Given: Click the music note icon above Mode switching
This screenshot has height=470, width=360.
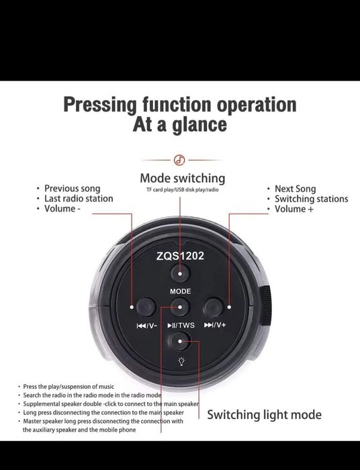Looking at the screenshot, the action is click(179, 160).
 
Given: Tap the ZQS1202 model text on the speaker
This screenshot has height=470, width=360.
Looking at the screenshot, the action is click(180, 256).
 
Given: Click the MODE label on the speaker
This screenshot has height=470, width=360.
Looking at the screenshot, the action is click(180, 291).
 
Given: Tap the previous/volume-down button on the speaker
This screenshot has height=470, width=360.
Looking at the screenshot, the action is click(146, 307).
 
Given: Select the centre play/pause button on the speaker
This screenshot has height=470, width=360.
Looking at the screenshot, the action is click(180, 307).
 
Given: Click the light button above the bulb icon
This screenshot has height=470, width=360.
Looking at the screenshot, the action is click(180, 341).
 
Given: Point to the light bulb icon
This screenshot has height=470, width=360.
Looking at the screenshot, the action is click(181, 361).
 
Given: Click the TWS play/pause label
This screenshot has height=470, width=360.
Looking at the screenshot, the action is click(181, 325).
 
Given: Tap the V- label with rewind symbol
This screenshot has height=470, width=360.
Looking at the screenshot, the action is click(147, 326).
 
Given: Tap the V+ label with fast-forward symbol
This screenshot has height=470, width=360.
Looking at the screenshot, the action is click(215, 325).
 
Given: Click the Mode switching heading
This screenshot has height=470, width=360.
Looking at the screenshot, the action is click(183, 179).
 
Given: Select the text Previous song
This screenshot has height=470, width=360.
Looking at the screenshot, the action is click(73, 189).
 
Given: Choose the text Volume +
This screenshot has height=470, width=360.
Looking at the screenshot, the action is click(294, 209).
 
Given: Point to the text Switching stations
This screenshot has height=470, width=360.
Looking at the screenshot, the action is click(312, 199).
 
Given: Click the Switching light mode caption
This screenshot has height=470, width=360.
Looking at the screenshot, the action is click(265, 415).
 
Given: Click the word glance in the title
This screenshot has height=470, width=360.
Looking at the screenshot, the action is click(199, 125).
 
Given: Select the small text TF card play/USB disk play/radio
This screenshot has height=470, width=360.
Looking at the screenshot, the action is click(183, 190).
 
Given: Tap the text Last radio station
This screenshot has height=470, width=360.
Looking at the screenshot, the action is click(79, 199).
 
